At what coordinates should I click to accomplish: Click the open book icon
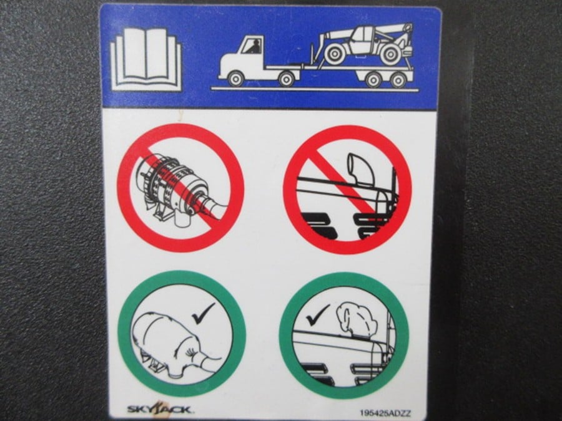tap(146, 59)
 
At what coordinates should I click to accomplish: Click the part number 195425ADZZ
tap(385, 413)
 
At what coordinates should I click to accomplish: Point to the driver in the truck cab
tap(254, 47)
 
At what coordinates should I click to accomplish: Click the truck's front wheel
tap(235, 79)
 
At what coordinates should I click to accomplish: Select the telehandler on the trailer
tap(362, 44)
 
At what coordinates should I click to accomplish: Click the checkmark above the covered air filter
tap(203, 313)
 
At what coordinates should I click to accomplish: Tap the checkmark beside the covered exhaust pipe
tap(317, 314)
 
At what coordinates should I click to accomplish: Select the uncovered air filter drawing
tap(179, 190)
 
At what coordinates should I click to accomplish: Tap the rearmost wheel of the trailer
tap(398, 79)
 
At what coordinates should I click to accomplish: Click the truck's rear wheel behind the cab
tap(286, 79)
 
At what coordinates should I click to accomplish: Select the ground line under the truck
tap(315, 89)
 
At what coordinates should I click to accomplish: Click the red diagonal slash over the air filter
tap(180, 188)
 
